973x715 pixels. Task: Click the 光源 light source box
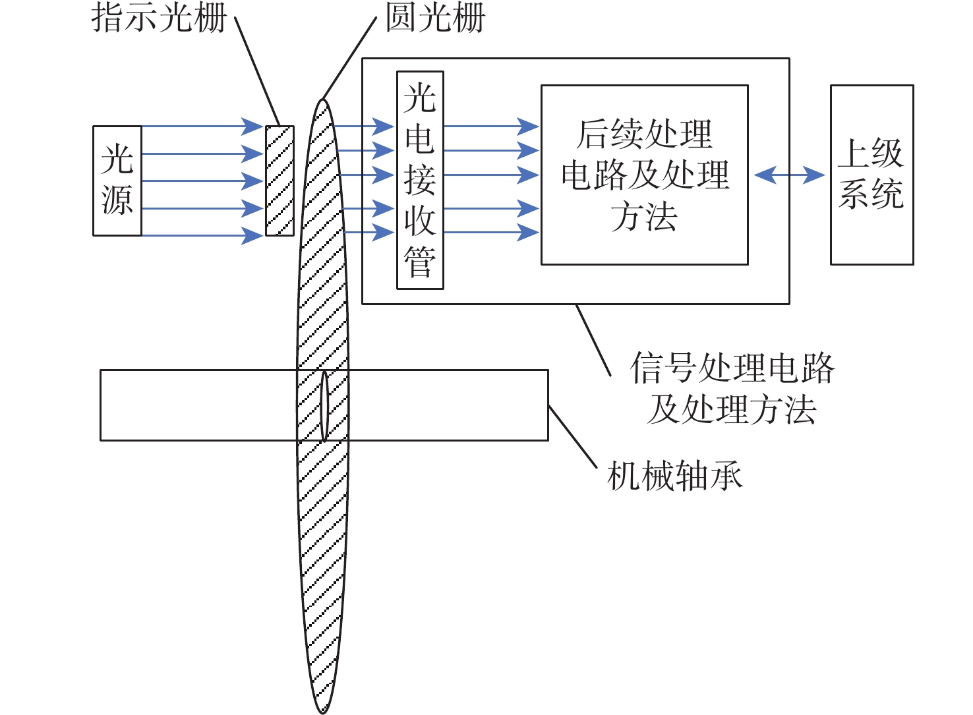point(117,181)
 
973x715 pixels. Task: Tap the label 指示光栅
point(159,18)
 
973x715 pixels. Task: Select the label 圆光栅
point(435,18)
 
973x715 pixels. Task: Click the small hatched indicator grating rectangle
point(280,181)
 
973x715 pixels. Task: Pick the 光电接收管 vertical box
point(420,180)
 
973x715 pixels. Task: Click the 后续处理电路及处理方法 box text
point(645,175)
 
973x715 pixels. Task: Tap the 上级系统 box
point(871,175)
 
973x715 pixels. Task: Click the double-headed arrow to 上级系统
point(789,175)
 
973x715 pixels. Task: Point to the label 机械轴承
point(674,476)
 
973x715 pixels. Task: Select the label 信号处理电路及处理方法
point(732,388)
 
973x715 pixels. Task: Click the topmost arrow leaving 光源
point(201,126)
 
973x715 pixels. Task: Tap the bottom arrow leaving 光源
point(201,235)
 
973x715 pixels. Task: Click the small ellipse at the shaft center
point(324,405)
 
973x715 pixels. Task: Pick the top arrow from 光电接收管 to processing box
point(491,126)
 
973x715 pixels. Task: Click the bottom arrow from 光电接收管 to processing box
point(491,232)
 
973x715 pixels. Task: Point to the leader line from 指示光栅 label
point(257,72)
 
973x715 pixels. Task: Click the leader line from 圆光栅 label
point(349,58)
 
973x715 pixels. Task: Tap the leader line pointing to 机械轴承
point(572,437)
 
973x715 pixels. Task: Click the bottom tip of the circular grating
point(322,710)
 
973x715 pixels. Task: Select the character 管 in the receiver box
point(420,262)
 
